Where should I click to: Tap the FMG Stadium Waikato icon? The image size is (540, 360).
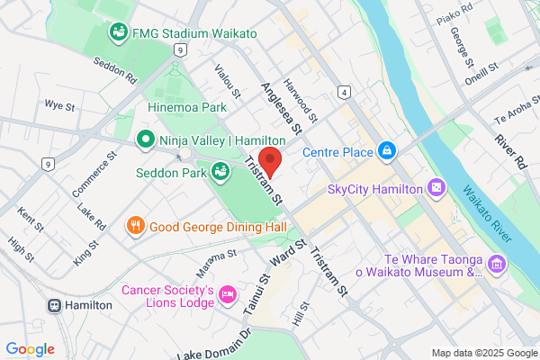[x=118, y=33]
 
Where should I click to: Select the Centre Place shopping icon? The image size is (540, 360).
[x=386, y=150]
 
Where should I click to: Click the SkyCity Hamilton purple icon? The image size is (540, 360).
[x=436, y=189]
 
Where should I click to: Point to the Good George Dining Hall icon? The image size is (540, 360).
[x=135, y=225]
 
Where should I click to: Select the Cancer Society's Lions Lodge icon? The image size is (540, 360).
[x=228, y=295]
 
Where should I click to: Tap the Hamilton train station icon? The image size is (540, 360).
[x=55, y=305]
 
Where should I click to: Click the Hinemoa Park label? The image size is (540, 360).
[x=187, y=106]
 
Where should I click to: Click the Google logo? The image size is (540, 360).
[x=30, y=348]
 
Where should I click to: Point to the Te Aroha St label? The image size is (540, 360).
[x=515, y=115]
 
